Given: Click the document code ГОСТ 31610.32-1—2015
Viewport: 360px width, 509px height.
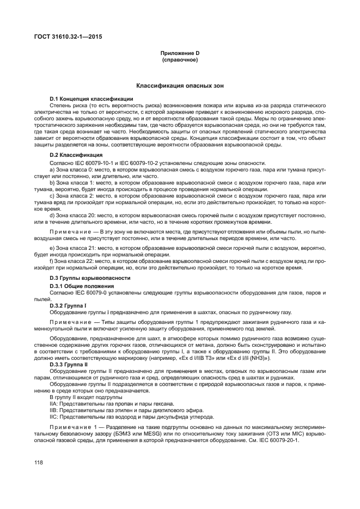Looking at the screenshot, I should (68, 37).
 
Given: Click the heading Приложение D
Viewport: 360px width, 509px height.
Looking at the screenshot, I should (180, 53).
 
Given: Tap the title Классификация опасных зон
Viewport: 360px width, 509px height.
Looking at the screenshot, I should (179, 86).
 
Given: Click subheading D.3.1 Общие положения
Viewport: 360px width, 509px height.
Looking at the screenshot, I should (82, 286).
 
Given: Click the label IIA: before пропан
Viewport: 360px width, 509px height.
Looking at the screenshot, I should (54, 404).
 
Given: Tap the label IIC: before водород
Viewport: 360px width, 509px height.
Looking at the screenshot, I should (54, 417).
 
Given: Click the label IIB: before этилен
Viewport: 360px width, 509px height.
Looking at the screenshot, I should (54, 410).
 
